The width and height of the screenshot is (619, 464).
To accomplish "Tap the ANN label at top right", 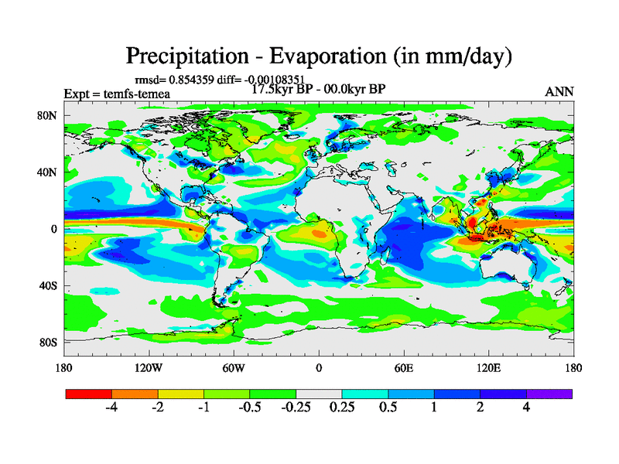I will click(559, 91).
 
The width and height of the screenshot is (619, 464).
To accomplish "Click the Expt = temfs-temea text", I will click(117, 94).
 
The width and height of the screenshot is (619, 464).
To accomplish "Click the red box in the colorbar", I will click(89, 394).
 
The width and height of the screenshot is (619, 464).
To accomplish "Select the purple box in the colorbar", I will click(549, 394).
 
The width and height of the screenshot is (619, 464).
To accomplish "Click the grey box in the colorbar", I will click(319, 394).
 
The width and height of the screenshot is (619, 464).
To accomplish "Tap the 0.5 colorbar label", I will click(388, 408).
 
